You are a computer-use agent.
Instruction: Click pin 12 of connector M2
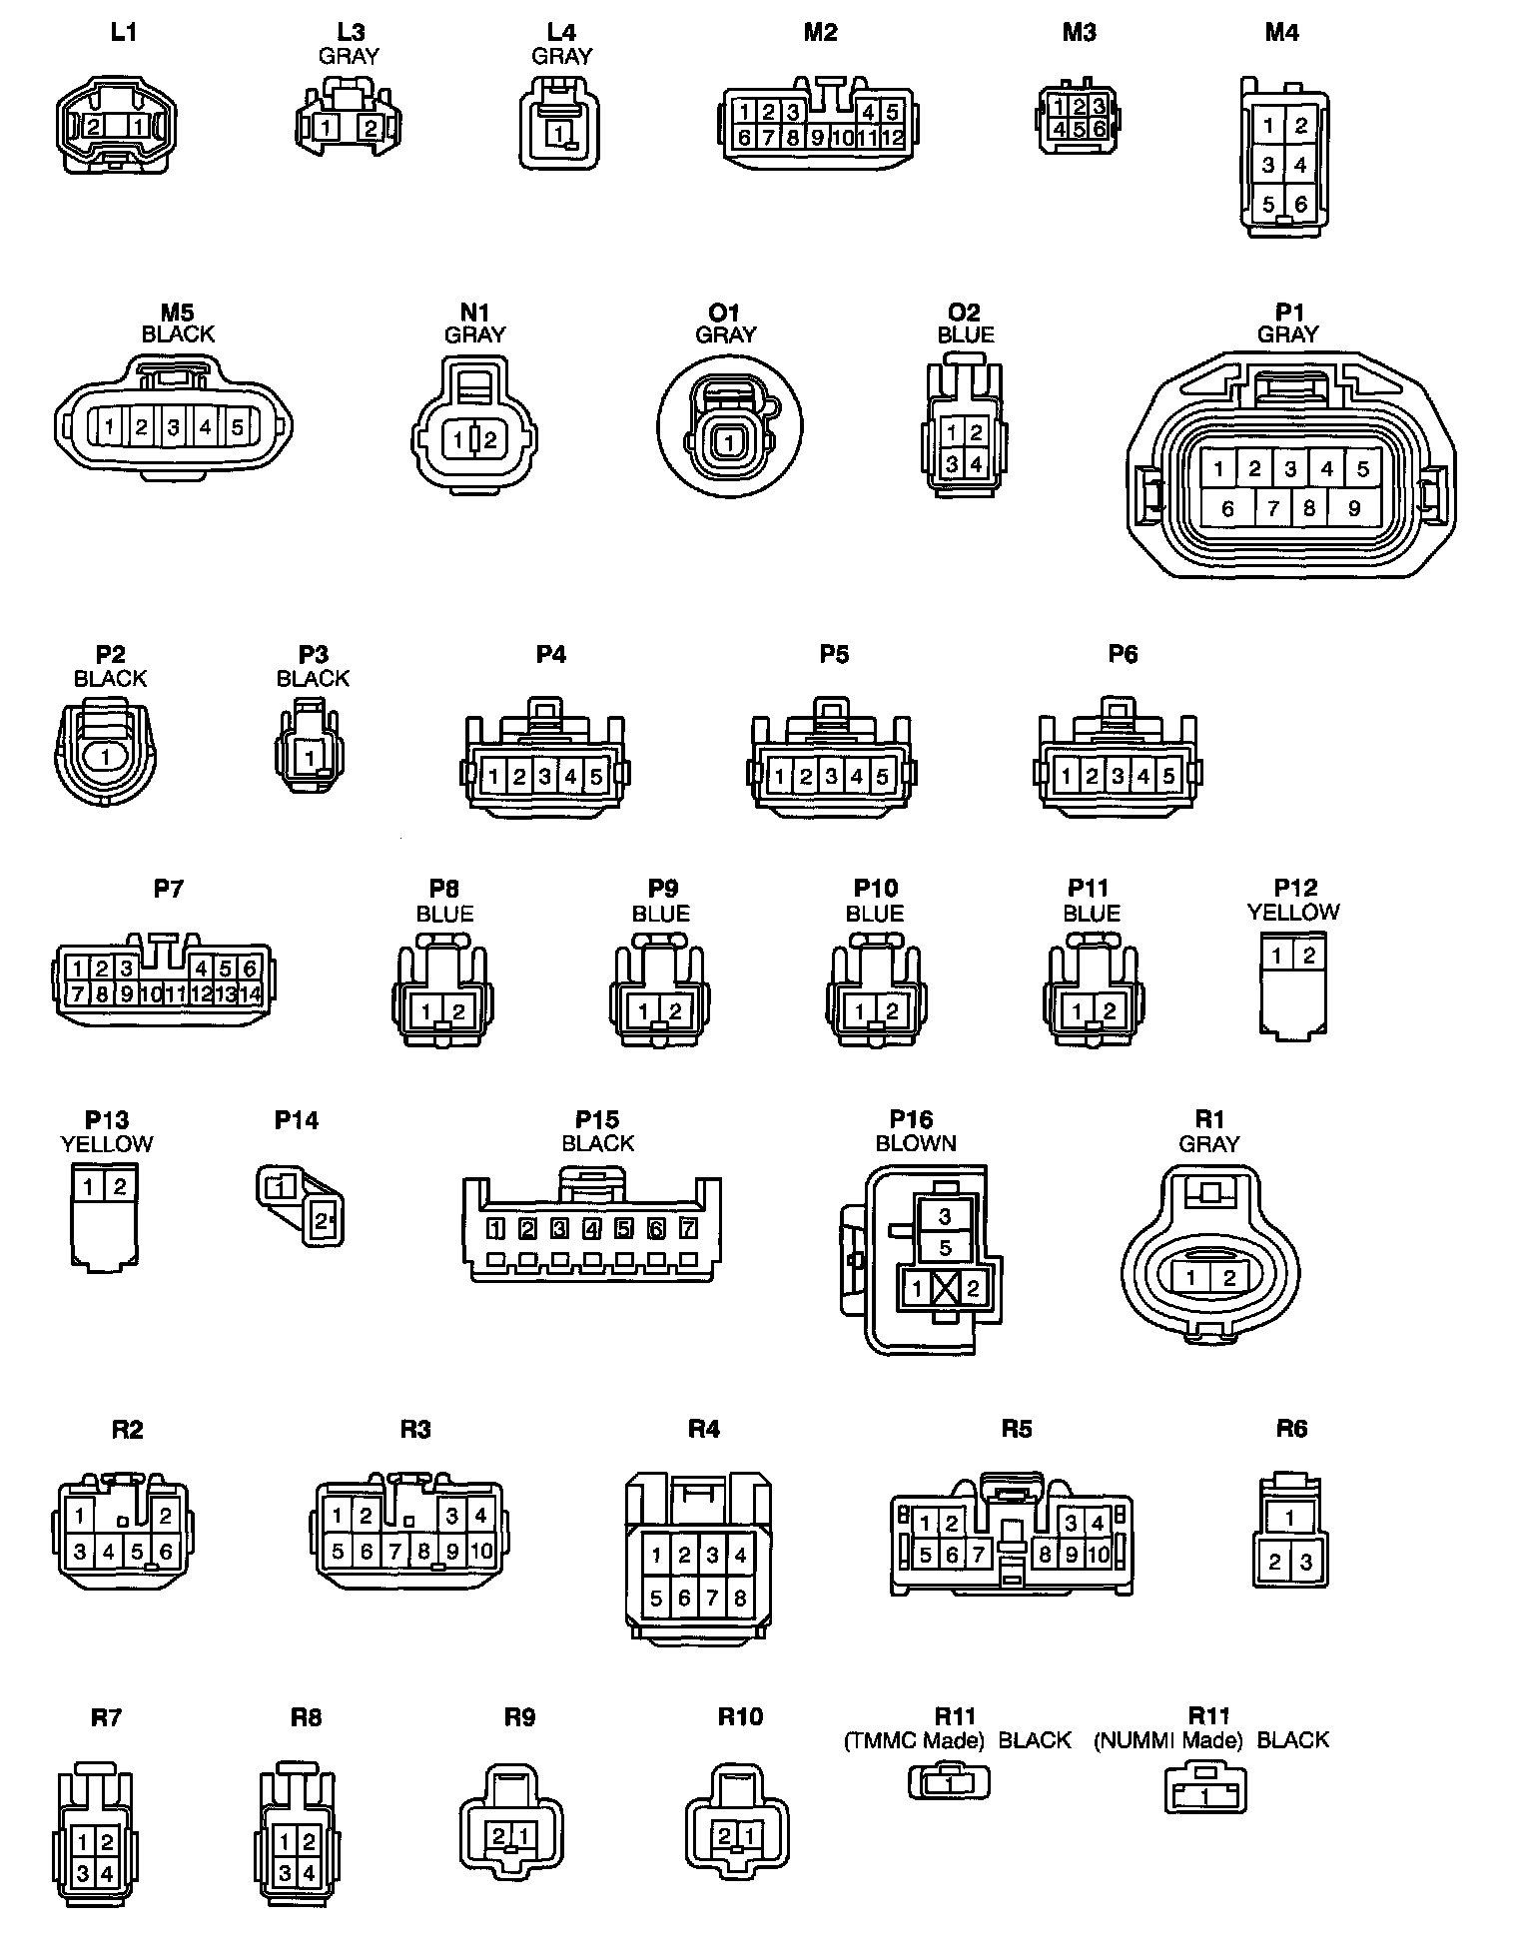point(894,138)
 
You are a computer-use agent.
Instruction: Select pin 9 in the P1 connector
point(1353,508)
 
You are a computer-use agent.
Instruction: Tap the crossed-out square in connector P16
point(945,1288)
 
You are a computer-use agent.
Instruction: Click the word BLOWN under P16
point(916,1143)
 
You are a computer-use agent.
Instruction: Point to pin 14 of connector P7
point(250,993)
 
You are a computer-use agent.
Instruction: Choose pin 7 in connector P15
point(688,1229)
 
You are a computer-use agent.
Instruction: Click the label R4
point(703,1429)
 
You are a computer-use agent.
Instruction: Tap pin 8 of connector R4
point(740,1599)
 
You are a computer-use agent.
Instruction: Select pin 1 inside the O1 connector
point(730,442)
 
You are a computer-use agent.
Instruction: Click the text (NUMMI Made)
point(1167,1740)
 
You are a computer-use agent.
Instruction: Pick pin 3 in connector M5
point(174,428)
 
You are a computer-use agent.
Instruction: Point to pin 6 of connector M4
point(1300,205)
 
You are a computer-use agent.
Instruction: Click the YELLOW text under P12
point(1293,912)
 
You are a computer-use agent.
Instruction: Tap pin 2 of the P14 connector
point(322,1219)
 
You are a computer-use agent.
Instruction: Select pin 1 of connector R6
point(1290,1519)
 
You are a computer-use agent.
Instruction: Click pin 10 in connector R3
point(481,1552)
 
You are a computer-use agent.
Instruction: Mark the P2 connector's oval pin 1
point(106,758)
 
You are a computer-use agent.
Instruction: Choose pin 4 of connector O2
point(976,464)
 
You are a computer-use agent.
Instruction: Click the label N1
point(475,313)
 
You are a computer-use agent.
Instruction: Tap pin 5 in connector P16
point(945,1248)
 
